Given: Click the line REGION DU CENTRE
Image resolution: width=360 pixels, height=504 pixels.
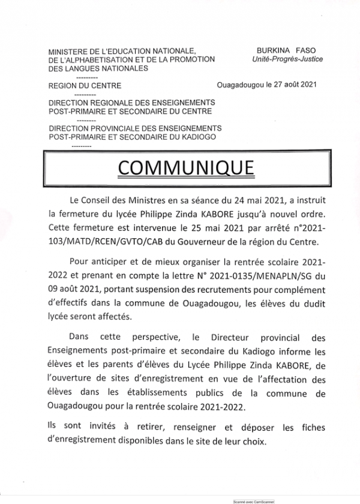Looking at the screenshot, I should coord(85,86).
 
